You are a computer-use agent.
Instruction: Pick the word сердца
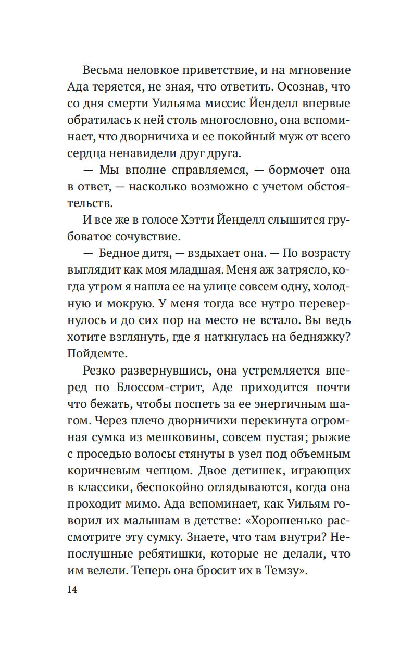85,153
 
